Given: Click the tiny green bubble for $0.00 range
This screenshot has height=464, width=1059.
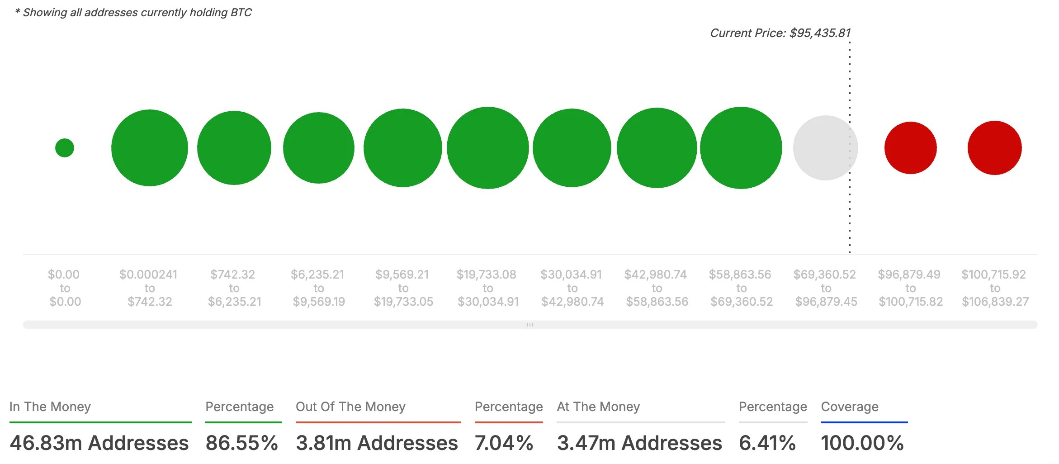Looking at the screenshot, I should [x=65, y=148].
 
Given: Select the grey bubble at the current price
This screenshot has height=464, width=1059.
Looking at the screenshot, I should [x=825, y=148].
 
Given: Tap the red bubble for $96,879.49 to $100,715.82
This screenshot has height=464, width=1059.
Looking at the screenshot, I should [x=910, y=148].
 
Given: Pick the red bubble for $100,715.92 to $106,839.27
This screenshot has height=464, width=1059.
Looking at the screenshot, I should [x=994, y=148].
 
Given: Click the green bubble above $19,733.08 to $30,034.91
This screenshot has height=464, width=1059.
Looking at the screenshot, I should [x=487, y=148].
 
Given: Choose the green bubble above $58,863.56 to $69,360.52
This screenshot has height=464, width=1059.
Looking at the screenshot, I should [x=741, y=148].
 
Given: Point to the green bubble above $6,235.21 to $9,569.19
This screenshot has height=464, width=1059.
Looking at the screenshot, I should [x=318, y=148].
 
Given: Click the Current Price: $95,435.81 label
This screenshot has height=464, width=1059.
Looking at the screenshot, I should [x=780, y=33].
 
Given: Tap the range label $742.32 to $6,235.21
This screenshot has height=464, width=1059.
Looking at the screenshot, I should [x=234, y=288].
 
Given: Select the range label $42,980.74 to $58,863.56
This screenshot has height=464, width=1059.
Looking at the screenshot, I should [x=657, y=288].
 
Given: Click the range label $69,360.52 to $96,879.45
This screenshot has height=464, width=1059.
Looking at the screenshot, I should [x=826, y=288].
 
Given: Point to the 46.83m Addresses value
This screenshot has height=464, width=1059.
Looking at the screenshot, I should [x=99, y=443].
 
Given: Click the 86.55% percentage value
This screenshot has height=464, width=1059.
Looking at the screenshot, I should [x=241, y=443].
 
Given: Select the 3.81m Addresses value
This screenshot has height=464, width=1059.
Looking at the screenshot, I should [x=377, y=443].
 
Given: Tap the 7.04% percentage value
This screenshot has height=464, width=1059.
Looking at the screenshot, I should [x=504, y=443].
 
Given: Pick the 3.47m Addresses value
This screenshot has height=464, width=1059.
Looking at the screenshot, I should [x=639, y=443].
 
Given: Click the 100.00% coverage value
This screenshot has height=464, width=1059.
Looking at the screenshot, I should [x=862, y=443].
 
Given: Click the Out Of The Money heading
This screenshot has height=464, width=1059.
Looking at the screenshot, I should [x=350, y=407].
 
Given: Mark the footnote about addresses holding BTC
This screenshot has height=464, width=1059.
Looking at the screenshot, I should [x=133, y=12].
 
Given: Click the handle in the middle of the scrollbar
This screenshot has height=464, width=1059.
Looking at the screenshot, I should [x=530, y=325].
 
